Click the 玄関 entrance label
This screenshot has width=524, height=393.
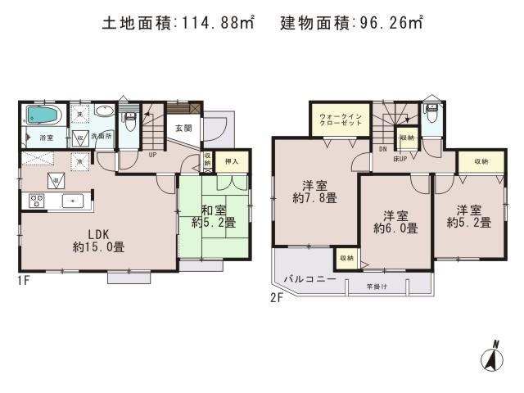(x=183, y=128)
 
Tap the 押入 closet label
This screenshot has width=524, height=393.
(x=232, y=161)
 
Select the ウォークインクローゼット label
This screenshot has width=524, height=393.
(x=337, y=120)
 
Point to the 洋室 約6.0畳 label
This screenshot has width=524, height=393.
(x=395, y=222)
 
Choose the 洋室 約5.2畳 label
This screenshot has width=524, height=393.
(x=468, y=215)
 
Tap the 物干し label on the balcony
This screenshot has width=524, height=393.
(x=376, y=285)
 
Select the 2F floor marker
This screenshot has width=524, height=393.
(x=276, y=298)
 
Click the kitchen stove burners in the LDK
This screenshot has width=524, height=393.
(x=38, y=199)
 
